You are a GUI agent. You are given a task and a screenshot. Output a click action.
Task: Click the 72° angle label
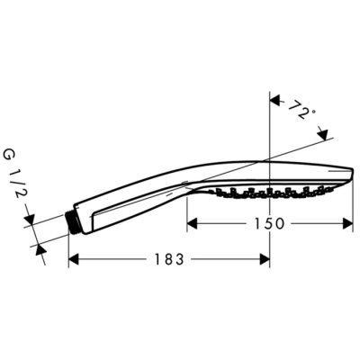(x=303, y=112)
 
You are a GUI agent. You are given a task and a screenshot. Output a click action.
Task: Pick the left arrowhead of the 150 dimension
(x=192, y=223)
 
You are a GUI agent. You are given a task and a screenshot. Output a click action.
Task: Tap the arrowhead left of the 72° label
(x=276, y=101)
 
